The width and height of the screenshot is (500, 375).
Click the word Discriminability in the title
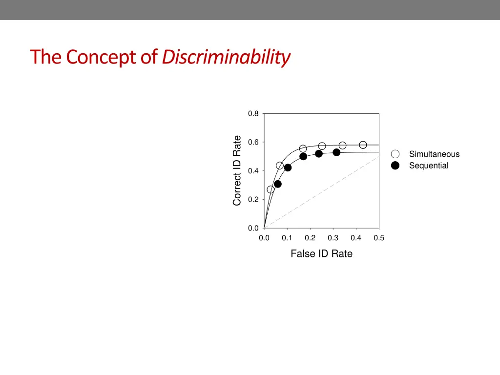pos(226,58)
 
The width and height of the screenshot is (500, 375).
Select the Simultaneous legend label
pos(434,154)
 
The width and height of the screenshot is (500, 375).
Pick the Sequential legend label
pos(429,166)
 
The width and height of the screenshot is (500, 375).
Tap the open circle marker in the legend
pos(395,154)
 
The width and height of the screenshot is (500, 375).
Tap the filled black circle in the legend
pos(395,166)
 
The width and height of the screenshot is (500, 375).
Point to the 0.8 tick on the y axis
pos(253,114)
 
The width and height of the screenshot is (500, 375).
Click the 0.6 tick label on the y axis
pos(253,143)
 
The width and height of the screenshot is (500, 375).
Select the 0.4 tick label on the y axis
pos(253,171)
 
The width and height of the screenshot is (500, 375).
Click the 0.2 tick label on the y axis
pos(253,200)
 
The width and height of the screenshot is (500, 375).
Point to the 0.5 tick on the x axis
pos(379,238)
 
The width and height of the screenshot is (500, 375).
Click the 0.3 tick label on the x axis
pos(333,238)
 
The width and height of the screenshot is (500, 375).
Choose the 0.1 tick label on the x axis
pos(287,238)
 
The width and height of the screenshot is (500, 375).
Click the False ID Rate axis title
pos(321,254)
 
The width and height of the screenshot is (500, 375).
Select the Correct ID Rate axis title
pos(237,170)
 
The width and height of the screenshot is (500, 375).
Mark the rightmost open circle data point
pos(363,145)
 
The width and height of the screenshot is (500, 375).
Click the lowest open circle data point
pos(271,189)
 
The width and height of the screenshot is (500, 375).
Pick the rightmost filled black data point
pos(336,152)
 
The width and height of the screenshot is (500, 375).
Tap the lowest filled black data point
pos(278,184)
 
